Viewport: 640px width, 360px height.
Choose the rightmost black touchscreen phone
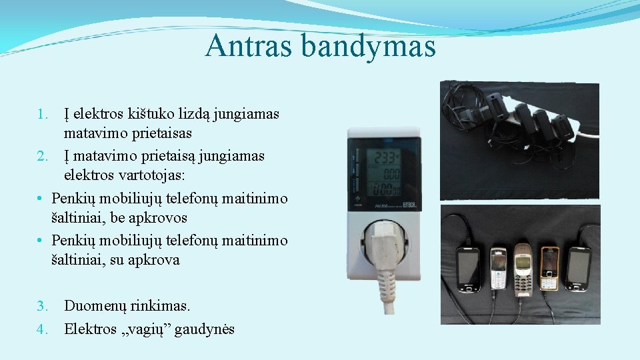[x=577, y=268]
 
